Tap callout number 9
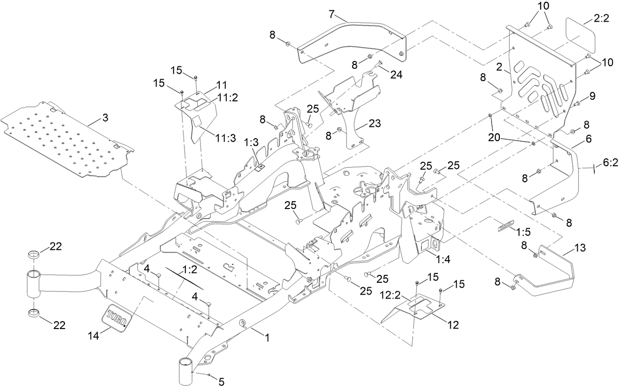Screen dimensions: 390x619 click(x=592, y=96)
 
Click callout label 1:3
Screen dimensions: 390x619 click(x=251, y=142)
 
